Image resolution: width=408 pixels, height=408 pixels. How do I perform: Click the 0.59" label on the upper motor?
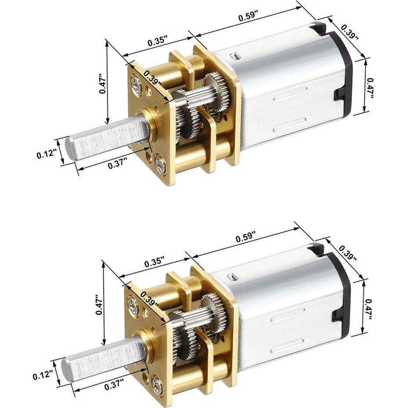[248, 18]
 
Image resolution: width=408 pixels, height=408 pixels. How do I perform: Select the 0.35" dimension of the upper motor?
[157, 42]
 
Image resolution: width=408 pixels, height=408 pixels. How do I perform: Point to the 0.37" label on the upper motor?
[117, 164]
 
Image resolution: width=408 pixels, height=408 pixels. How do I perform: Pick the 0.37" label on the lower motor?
[114, 384]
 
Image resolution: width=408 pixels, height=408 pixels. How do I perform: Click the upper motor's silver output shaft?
[105, 139]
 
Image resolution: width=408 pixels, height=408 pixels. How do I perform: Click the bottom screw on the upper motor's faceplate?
[161, 166]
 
